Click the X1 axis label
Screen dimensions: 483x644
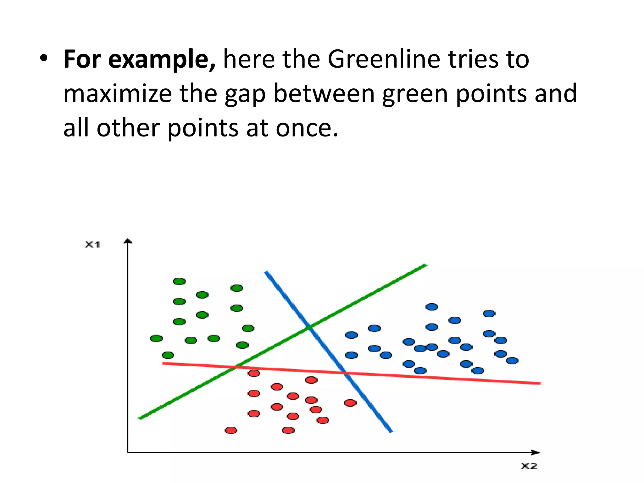(92, 245)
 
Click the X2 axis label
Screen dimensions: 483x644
(529, 466)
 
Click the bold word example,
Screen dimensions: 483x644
(162, 60)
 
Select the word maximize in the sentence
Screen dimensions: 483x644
(117, 93)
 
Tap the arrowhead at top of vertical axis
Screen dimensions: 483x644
(127, 241)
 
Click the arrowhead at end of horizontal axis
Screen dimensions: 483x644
(536, 452)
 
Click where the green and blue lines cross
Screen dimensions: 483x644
(309, 327)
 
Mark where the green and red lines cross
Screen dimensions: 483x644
(236, 367)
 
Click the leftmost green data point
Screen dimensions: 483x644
(156, 338)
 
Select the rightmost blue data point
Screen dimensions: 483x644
(512, 360)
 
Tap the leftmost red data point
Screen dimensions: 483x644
(231, 430)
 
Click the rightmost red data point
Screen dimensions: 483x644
(350, 403)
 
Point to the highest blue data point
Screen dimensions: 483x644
(432, 307)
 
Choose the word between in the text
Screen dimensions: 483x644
(324, 93)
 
